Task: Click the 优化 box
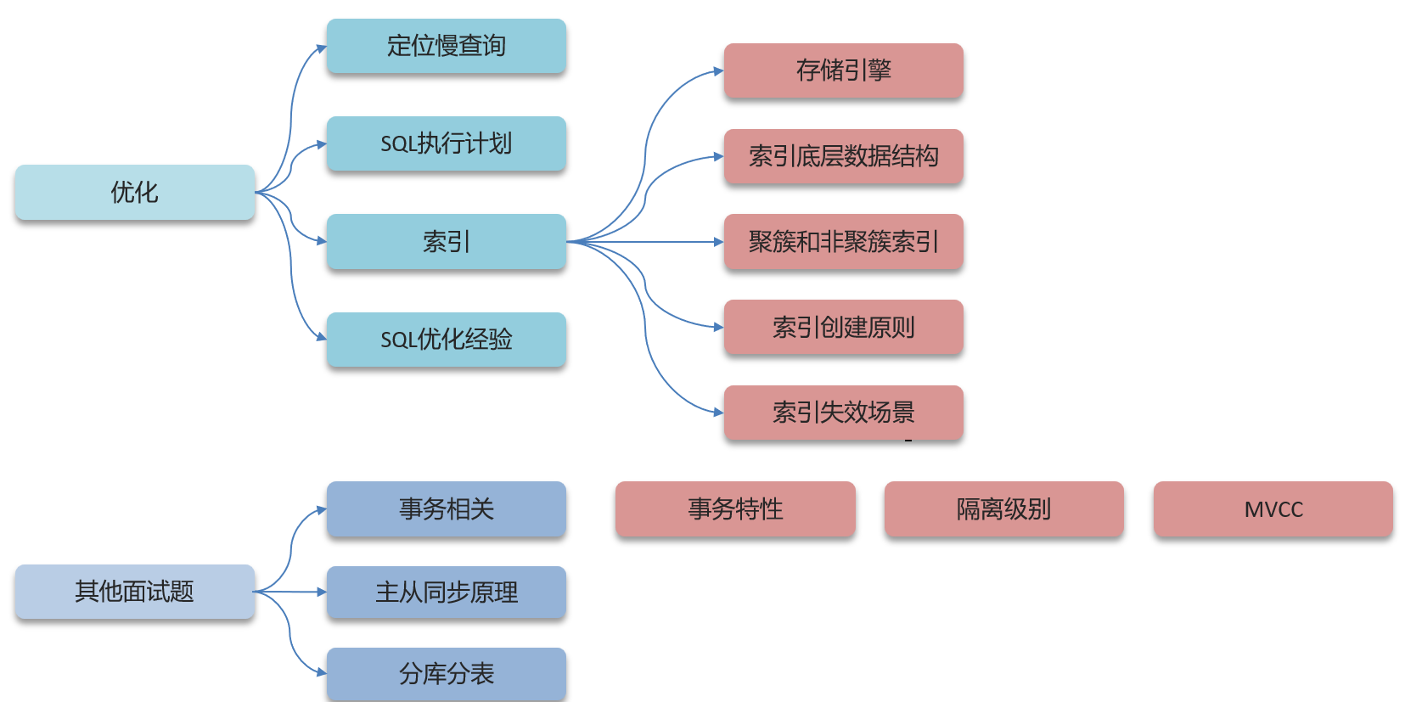coord(134,193)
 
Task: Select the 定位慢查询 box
coord(446,46)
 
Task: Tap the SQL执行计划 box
coord(446,143)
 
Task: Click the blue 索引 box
coord(446,242)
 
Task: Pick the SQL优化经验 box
coord(446,340)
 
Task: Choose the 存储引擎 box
coord(843,70)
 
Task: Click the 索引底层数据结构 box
coord(843,156)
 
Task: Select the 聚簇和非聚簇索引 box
coord(843,242)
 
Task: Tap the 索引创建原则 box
coord(843,327)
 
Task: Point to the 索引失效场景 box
coord(843,413)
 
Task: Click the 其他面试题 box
coord(134,592)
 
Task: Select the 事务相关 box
coord(446,509)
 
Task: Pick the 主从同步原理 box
coord(446,592)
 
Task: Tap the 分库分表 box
coord(446,674)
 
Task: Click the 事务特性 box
coord(735,509)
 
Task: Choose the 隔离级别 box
coord(1003,509)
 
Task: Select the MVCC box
coord(1273,509)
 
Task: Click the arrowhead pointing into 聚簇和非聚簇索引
coord(718,242)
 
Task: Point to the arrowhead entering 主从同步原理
coord(322,592)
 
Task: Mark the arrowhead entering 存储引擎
coord(718,71)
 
